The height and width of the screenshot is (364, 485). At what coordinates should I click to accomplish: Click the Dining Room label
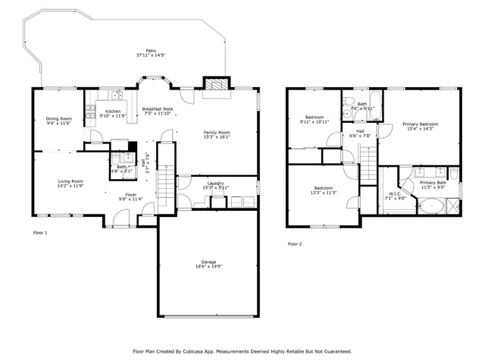pyautogui.click(x=59, y=118)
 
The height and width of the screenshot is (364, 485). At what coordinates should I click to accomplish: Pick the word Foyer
pyautogui.click(x=131, y=195)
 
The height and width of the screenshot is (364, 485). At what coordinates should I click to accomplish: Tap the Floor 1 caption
pyautogui.click(x=40, y=232)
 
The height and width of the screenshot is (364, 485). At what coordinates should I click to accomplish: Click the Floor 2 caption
pyautogui.click(x=294, y=243)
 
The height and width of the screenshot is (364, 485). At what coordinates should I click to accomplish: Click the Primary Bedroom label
pyautogui.click(x=420, y=124)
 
